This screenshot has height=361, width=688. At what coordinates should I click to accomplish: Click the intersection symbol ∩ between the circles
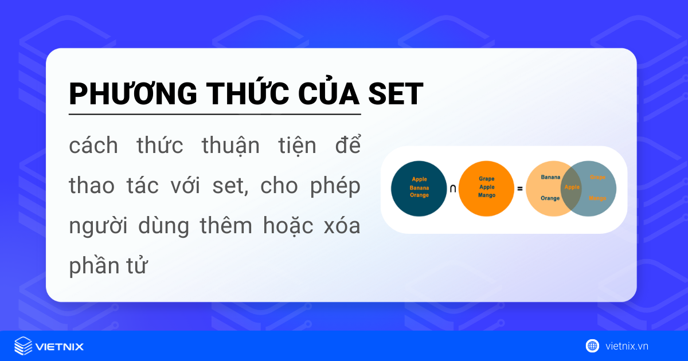click(453, 189)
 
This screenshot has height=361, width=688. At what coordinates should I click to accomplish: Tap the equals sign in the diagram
click(520, 189)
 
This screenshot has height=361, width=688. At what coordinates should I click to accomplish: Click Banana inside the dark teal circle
click(419, 187)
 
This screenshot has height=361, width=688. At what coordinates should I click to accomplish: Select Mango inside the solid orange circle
click(486, 195)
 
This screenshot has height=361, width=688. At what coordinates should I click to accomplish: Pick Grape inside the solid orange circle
click(486, 179)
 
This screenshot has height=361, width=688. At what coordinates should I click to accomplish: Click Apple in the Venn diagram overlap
click(572, 187)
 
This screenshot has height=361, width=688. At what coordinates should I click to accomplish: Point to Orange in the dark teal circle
click(419, 195)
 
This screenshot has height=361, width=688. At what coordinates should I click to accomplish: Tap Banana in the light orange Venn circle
click(550, 177)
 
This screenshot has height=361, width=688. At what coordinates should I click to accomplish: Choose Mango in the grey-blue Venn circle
click(597, 198)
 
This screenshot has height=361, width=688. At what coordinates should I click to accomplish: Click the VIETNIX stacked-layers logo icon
click(24, 346)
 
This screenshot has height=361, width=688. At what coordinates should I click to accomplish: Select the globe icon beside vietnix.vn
click(592, 346)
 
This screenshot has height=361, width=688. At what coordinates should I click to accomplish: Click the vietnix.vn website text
click(627, 346)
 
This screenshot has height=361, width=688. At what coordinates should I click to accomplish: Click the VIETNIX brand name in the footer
click(60, 347)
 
